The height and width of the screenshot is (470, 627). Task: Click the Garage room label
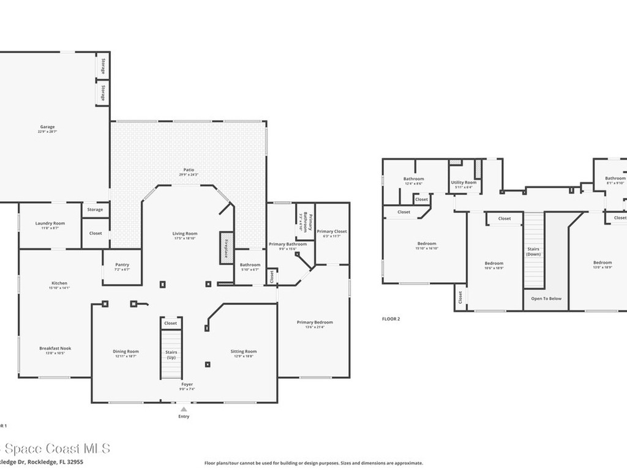pos(48,127)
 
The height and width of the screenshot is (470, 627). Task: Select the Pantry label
pos(122,265)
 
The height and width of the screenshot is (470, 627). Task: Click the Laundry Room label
pos(50,223)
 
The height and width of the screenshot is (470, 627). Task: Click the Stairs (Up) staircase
pos(171,355)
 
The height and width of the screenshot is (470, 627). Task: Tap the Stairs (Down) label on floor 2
pos(533,251)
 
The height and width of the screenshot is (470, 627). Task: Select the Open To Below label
pos(546,299)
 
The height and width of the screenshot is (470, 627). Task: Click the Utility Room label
pos(464,182)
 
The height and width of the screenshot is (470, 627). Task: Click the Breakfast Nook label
pos(55,348)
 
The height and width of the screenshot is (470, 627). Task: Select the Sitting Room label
pos(244,351)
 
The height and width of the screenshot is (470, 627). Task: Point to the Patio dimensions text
pos(189,175)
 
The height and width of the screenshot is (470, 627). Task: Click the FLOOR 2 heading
pos(391,319)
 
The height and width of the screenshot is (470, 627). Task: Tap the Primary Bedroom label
pos(315,322)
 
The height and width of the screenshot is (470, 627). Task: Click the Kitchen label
pos(59,283)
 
